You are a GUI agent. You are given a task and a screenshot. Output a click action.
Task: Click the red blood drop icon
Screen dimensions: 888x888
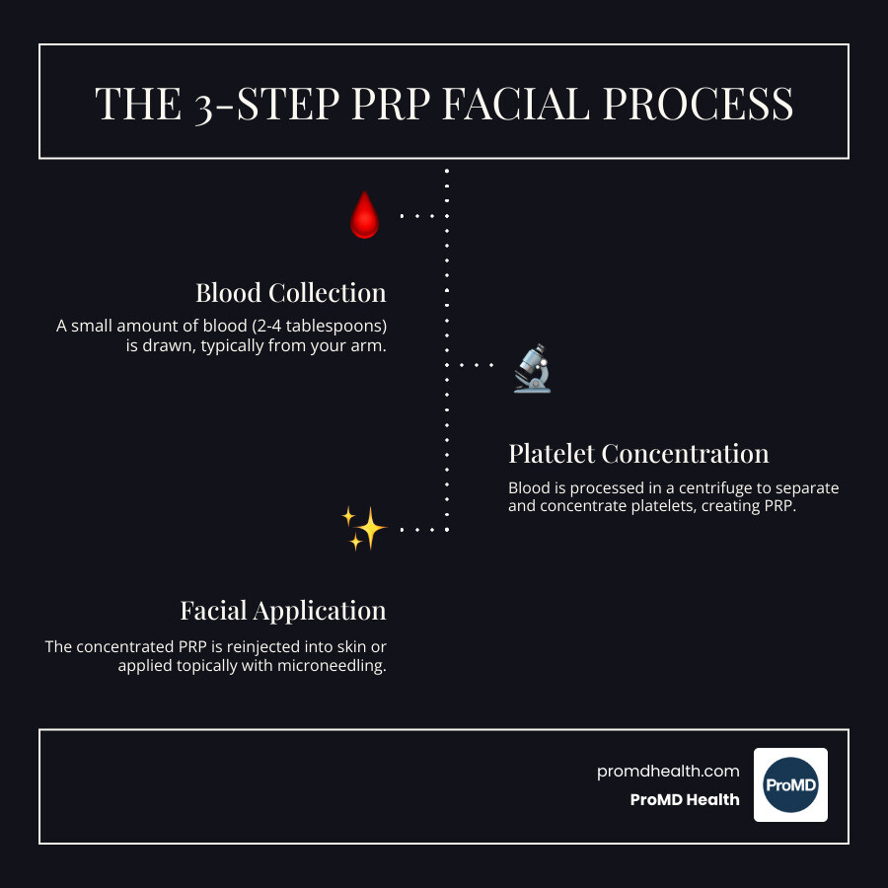(x=364, y=215)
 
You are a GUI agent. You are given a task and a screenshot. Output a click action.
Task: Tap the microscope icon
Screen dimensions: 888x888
(x=532, y=367)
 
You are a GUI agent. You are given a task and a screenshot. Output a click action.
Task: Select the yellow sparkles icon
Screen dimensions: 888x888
(x=363, y=529)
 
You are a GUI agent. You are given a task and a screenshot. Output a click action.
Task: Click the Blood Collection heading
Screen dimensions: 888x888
(x=290, y=293)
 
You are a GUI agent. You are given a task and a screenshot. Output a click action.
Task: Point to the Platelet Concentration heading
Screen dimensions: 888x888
(x=638, y=454)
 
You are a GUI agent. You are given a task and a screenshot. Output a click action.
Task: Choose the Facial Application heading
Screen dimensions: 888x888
(x=282, y=611)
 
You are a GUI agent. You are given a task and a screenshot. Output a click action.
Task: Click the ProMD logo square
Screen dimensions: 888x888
(x=790, y=784)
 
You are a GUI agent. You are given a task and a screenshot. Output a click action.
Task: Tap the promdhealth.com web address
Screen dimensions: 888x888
(x=668, y=772)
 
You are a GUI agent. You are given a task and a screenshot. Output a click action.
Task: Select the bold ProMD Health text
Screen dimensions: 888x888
(x=684, y=800)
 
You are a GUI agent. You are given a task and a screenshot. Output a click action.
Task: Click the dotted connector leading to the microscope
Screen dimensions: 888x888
(x=477, y=365)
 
